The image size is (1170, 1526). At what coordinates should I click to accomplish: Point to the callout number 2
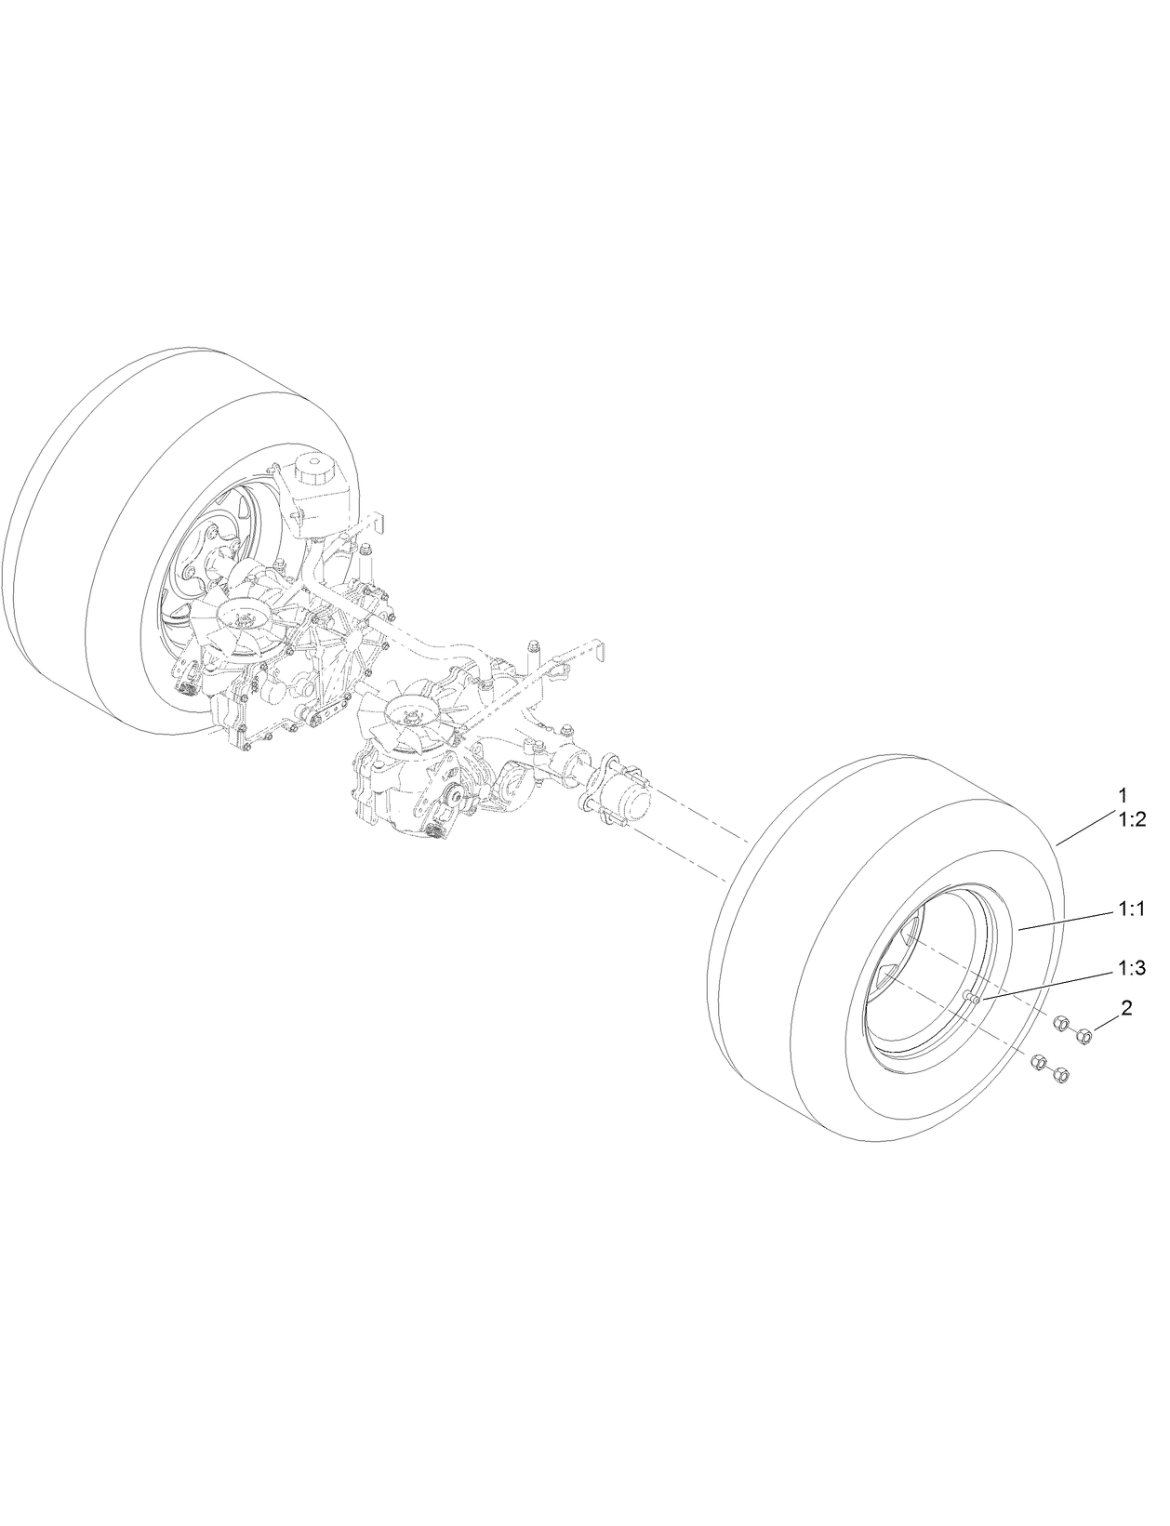click(1126, 1008)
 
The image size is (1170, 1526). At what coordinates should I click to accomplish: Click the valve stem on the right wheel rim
click(971, 999)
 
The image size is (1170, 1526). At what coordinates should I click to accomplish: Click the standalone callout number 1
click(1123, 796)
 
